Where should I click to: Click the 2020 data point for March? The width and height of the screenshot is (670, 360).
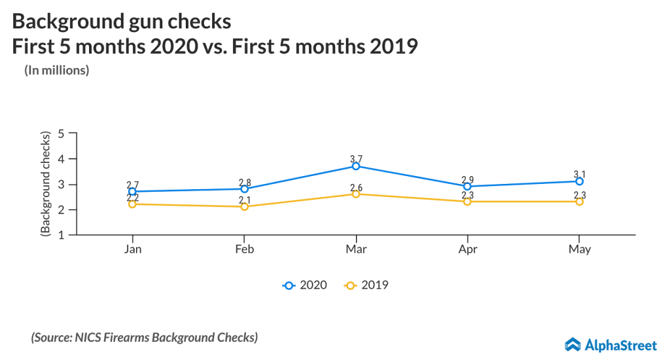click(x=356, y=166)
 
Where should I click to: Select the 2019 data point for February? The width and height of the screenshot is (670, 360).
click(x=245, y=207)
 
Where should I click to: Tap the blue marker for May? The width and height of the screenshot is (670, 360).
click(x=579, y=181)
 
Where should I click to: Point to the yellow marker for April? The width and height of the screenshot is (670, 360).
click(x=467, y=202)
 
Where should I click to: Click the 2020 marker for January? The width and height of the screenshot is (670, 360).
click(x=133, y=192)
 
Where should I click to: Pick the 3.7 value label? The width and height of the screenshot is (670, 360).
click(x=356, y=159)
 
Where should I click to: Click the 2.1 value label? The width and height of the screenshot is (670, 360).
click(x=245, y=200)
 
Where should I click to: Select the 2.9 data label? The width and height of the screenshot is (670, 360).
click(x=467, y=179)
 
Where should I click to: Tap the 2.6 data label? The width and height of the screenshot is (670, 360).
click(x=356, y=188)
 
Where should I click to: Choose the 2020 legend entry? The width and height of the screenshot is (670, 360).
click(x=305, y=285)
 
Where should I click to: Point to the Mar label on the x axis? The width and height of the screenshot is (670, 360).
click(x=356, y=249)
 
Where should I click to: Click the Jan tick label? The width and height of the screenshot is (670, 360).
click(x=133, y=249)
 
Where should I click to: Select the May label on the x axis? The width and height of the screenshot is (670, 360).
click(x=579, y=249)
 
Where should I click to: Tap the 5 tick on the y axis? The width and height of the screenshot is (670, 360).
click(x=62, y=134)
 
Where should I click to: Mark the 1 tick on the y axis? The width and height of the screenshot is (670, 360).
click(x=62, y=235)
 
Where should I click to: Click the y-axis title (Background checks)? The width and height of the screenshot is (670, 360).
click(x=45, y=184)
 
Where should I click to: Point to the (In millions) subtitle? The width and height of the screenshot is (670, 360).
click(x=57, y=70)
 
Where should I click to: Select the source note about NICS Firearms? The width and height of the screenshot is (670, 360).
click(x=144, y=338)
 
